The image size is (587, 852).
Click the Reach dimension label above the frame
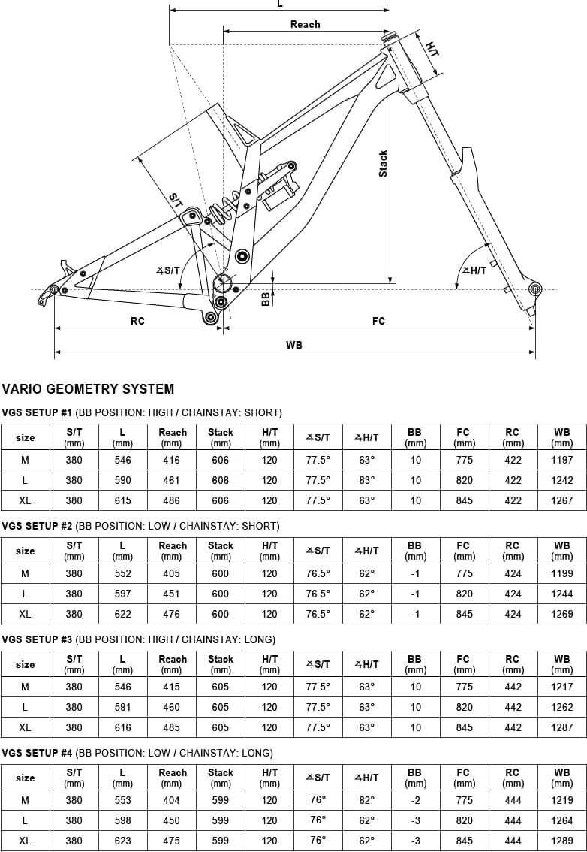[x=306, y=25]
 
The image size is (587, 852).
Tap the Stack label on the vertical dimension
[x=384, y=163]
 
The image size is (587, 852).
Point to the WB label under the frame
[x=294, y=345]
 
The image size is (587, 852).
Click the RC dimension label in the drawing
[x=138, y=321]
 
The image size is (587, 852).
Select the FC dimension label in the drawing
[x=378, y=321]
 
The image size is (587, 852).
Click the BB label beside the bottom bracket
[x=266, y=298]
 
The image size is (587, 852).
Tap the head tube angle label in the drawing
[x=474, y=270]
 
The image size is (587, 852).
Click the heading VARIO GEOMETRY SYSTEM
[x=88, y=389]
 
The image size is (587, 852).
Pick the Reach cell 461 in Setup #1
[x=172, y=480]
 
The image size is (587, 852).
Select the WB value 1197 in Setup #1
[x=562, y=461]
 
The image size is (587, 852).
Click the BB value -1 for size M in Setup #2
[x=415, y=574]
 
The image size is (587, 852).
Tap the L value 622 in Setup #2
[x=122, y=614]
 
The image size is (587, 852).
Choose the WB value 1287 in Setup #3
[x=562, y=727]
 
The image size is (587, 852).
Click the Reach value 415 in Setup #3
[x=172, y=687]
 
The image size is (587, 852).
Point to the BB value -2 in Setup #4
[x=415, y=800]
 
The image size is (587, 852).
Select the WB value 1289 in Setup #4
[x=562, y=841]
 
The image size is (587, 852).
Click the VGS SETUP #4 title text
[x=37, y=753]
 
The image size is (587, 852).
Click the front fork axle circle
[x=535, y=288]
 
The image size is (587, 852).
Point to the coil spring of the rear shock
[x=223, y=207]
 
